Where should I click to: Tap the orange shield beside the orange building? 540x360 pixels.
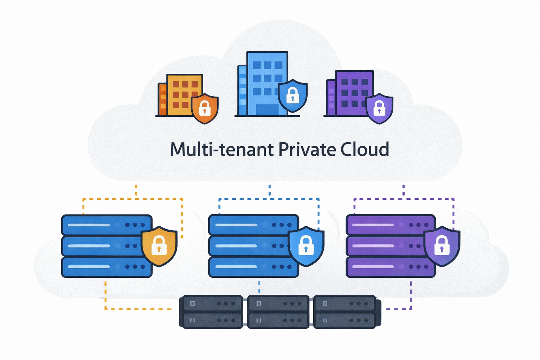coord(205,108)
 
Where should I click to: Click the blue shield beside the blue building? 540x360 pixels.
coord(292,95)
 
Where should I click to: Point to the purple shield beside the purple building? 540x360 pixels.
coord(379,108)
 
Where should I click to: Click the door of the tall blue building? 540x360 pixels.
coord(267,110)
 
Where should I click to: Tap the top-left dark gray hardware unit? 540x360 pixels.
coord(211,303)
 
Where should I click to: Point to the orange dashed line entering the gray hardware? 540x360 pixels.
coord(141,309)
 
